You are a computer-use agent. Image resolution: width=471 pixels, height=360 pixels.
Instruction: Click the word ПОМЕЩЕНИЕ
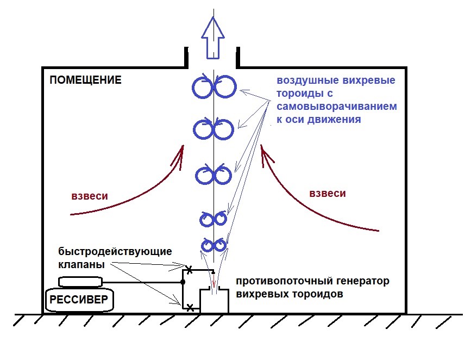click(x=85, y=80)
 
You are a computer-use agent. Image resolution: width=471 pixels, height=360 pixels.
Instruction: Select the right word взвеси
click(x=327, y=193)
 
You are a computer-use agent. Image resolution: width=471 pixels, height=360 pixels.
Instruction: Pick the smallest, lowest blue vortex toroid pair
click(x=213, y=245)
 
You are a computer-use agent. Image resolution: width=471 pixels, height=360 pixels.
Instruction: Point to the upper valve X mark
click(x=189, y=269)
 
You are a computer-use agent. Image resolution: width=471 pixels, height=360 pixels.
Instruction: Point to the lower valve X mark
click(x=189, y=308)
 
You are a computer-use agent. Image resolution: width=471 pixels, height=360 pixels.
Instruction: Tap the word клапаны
click(x=81, y=265)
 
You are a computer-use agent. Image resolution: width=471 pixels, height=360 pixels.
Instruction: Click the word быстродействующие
click(x=115, y=252)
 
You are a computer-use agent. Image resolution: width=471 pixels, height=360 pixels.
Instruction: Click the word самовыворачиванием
click(x=337, y=106)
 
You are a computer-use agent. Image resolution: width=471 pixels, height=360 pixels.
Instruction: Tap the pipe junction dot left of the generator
click(x=183, y=282)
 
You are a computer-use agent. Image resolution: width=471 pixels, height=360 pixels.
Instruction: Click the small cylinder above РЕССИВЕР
click(x=80, y=282)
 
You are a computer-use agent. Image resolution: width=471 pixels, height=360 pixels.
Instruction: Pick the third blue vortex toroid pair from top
click(x=213, y=175)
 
